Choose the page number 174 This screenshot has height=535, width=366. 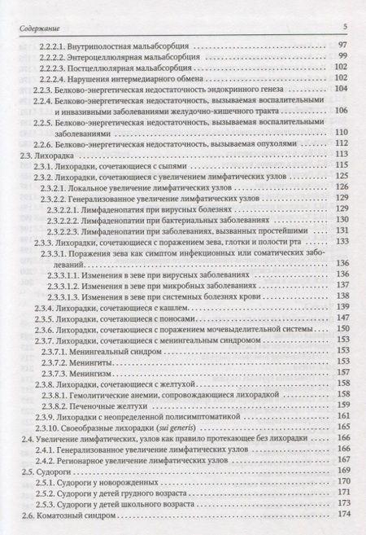[x=342, y=515]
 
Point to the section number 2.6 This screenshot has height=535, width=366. [x=25, y=515]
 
